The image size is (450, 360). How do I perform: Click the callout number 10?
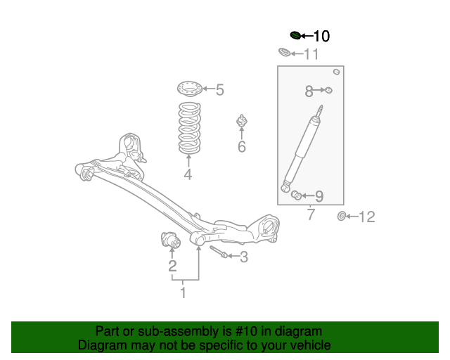click(x=321, y=36)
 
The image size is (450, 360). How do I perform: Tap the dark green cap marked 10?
click(x=295, y=35)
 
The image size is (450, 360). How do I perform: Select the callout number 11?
click(x=311, y=54)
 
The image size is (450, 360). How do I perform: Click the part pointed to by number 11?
click(x=284, y=53)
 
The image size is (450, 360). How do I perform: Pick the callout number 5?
click(x=219, y=90)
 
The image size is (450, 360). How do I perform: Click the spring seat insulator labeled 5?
click(x=188, y=89)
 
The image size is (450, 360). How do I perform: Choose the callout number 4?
click(x=188, y=175)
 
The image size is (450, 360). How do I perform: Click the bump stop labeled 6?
click(x=241, y=122)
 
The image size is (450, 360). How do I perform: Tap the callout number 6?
click(x=241, y=147)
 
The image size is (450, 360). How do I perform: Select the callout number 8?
click(x=309, y=91)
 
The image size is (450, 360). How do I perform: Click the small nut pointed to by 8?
click(x=328, y=90)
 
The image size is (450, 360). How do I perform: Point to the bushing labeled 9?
click(x=297, y=195)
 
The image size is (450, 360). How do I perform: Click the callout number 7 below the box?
click(x=311, y=215)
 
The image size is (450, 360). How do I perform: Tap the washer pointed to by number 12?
click(x=342, y=216)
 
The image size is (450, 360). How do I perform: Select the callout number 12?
click(x=367, y=217)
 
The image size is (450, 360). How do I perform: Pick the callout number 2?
click(x=172, y=266)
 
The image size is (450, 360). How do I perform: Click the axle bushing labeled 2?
click(x=171, y=240)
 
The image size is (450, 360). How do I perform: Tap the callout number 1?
click(x=183, y=292)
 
